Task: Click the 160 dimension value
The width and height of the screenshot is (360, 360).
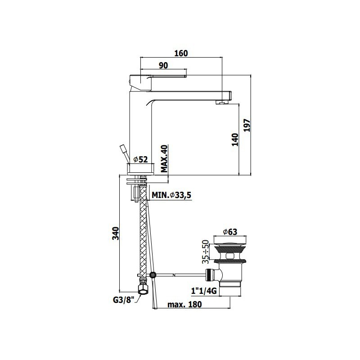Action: tap(181, 53)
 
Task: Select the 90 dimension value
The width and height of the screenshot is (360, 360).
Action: tap(163, 65)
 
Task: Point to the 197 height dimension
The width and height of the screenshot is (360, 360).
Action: tap(247, 125)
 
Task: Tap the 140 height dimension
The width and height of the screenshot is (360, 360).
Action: tap(235, 139)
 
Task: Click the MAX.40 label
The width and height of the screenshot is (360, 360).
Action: tap(164, 159)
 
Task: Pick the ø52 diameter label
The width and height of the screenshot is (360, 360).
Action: tap(141, 159)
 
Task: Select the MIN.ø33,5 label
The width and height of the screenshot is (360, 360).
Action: tap(171, 195)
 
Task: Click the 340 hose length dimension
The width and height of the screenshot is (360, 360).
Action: tap(116, 234)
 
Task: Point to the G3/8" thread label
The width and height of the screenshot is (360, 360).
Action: tap(123, 300)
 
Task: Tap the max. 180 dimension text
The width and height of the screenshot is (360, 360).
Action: tap(184, 305)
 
